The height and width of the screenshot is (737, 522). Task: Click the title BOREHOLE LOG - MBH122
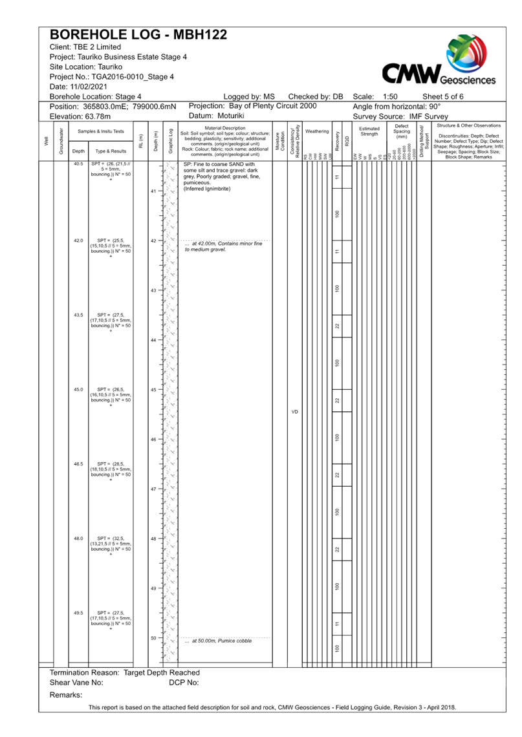138,35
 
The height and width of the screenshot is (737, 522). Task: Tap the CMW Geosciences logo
439,61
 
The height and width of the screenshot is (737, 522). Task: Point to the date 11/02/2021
87,87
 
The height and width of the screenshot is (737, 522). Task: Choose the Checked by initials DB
338,96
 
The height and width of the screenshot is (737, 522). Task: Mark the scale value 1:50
390,96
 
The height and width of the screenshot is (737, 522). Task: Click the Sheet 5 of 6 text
442,96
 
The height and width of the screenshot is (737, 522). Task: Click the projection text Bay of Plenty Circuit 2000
273,105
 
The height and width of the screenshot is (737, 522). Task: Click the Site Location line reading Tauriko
80,67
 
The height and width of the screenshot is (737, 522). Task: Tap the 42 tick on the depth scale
153,241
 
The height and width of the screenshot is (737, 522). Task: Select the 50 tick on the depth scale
153,638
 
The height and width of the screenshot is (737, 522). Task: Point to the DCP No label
184,683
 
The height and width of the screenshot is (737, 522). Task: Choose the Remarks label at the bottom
66,694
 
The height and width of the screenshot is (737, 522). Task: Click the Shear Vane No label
76,683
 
